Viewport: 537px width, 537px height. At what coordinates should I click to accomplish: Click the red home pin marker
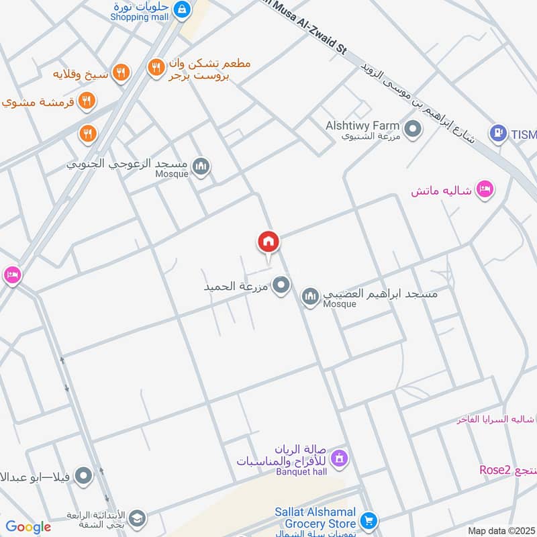pyautogui.click(x=268, y=242)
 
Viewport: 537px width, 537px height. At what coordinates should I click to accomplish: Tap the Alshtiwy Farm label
pyautogui.click(x=362, y=126)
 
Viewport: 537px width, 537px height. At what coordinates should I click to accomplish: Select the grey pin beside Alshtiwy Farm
pyautogui.click(x=412, y=128)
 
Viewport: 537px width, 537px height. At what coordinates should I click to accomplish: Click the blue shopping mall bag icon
pyautogui.click(x=181, y=9)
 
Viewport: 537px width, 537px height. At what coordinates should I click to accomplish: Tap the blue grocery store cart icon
pyautogui.click(x=368, y=520)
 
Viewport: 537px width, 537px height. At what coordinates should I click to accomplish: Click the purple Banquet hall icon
pyautogui.click(x=340, y=458)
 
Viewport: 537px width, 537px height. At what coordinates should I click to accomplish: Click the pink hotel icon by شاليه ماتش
pyautogui.click(x=485, y=191)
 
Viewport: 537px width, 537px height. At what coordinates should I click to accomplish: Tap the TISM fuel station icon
pyautogui.click(x=497, y=134)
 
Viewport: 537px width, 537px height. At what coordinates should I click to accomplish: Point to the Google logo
pyautogui.click(x=28, y=527)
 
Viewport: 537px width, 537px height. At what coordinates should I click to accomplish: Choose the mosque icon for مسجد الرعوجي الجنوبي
pyautogui.click(x=201, y=166)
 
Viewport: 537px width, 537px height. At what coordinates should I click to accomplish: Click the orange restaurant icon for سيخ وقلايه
pyautogui.click(x=121, y=72)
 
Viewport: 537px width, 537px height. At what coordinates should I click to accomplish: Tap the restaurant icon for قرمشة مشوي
pyautogui.click(x=87, y=101)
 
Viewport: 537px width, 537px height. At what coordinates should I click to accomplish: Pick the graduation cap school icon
pyautogui.click(x=137, y=518)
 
